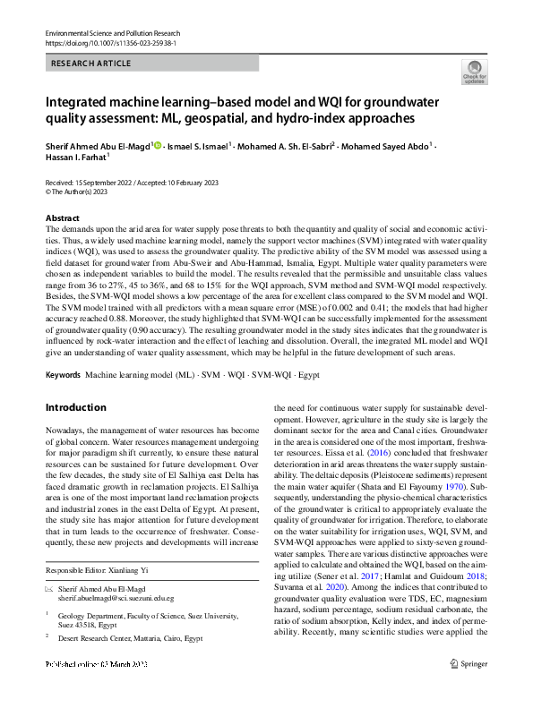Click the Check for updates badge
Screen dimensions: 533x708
point(473,73)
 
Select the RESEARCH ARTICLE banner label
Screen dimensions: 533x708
point(92,64)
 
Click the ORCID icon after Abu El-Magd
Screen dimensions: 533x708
point(157,144)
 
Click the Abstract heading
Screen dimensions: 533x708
point(63,218)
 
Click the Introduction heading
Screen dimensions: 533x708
point(76,407)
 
